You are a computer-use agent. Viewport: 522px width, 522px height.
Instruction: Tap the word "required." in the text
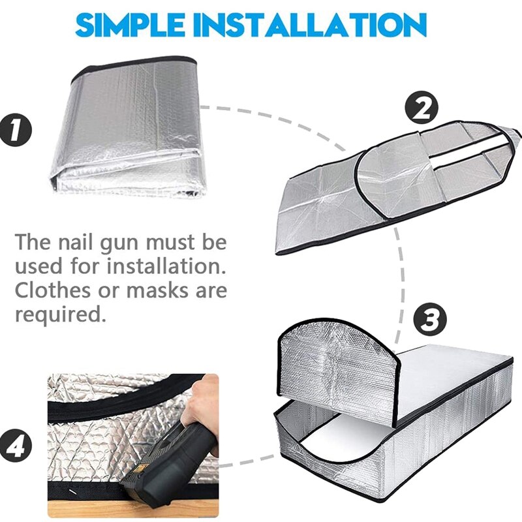pyautogui.click(x=60, y=314)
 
